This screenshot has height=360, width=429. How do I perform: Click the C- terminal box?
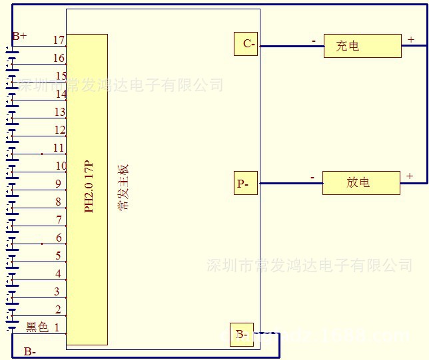coord(246,44)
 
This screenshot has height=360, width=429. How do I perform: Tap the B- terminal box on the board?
coord(241,335)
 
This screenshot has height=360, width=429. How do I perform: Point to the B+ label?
coord(19,35)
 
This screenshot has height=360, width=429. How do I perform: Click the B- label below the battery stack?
coord(30,351)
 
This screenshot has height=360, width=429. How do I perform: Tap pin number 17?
coord(59,41)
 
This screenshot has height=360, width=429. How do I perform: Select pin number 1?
coord(57,327)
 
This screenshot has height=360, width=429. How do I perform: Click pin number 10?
coord(61,166)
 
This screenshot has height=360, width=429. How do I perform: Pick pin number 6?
coord(59,238)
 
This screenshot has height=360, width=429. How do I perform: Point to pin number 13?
coord(60,112)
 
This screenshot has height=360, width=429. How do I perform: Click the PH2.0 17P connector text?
coord(89,187)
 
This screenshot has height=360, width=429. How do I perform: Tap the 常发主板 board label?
coord(125,187)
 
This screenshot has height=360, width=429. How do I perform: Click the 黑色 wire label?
coord(37,327)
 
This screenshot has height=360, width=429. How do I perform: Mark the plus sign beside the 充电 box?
coord(411,40)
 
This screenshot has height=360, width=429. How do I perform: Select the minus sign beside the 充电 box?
coord(314,41)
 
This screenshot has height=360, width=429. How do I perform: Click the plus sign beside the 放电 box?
coord(410,176)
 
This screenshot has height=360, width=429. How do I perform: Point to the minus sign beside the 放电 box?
coord(312,178)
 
